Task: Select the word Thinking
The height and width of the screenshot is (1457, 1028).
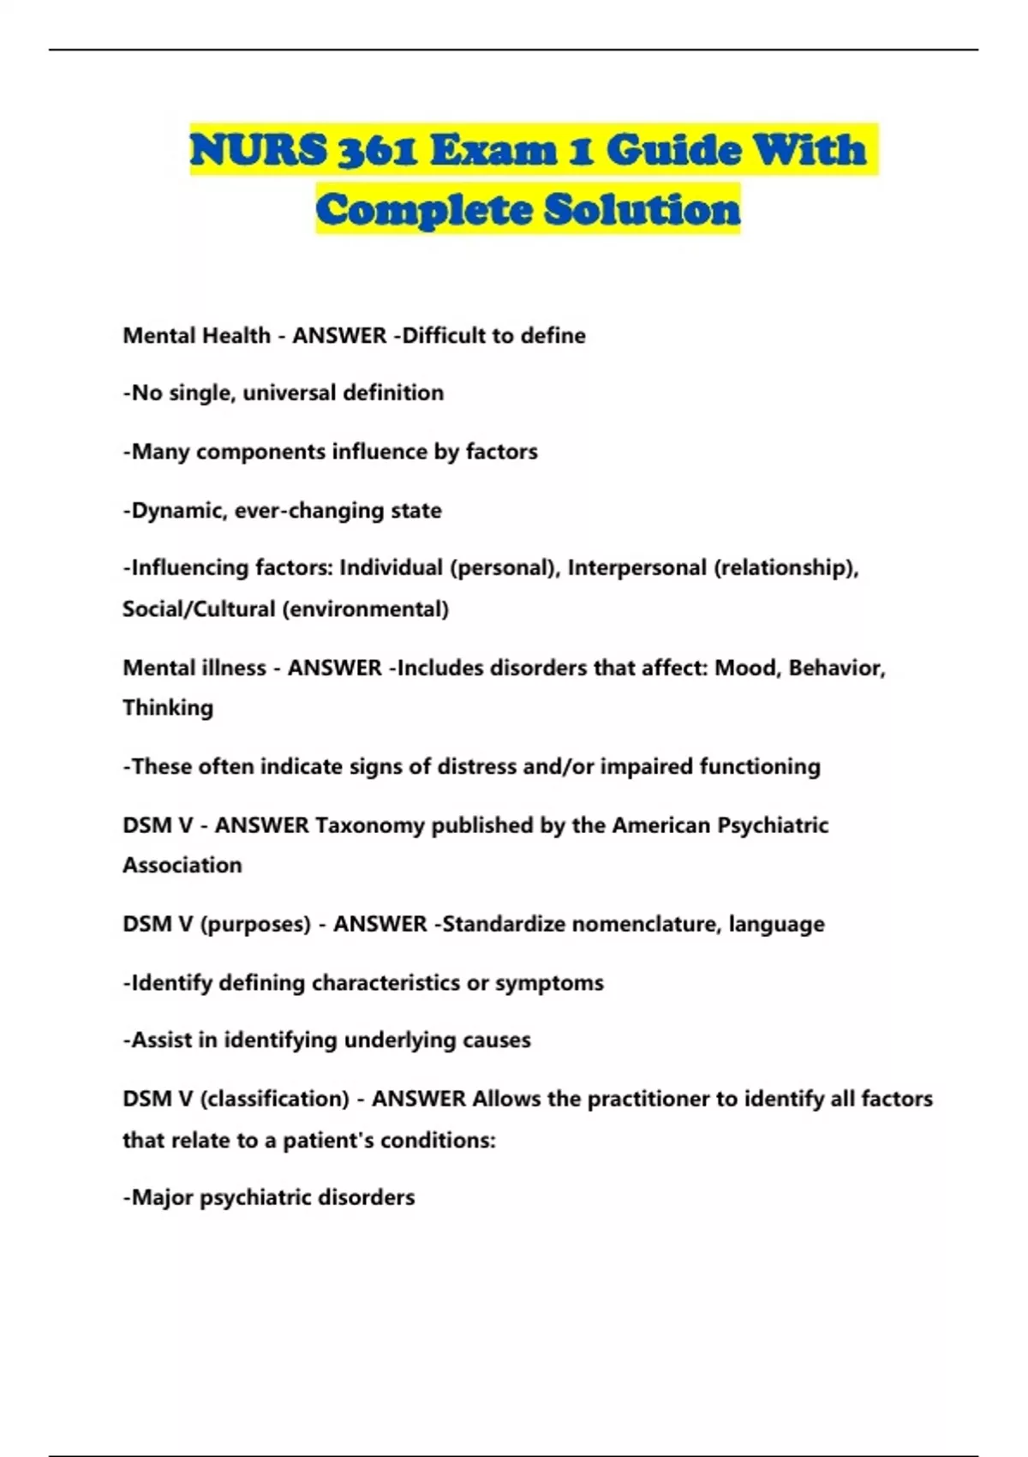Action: pos(168,707)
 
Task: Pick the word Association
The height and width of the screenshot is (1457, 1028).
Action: pos(182,865)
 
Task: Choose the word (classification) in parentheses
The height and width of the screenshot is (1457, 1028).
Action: pos(274,1099)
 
